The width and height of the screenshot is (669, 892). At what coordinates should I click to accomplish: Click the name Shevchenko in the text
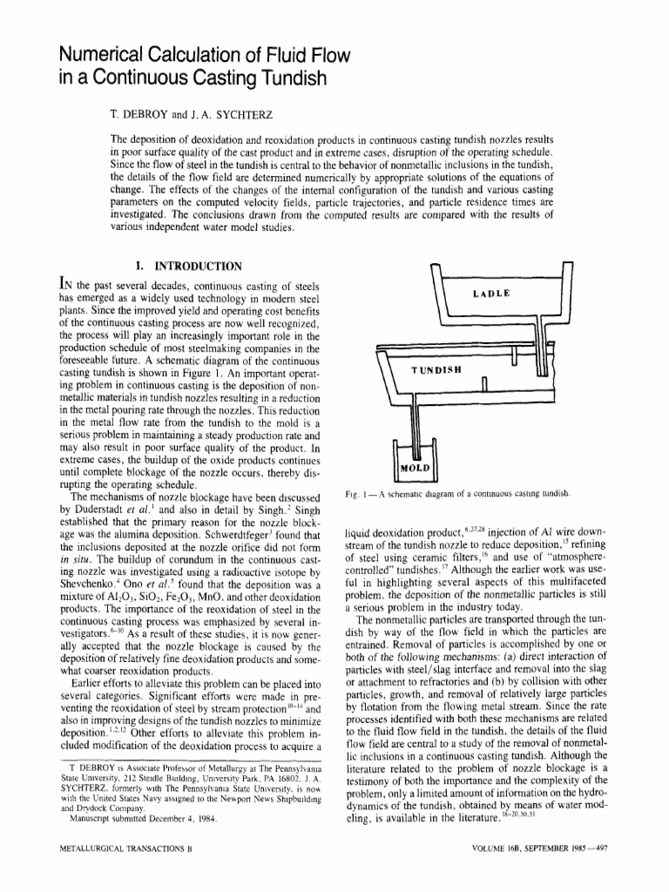click(x=91, y=581)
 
